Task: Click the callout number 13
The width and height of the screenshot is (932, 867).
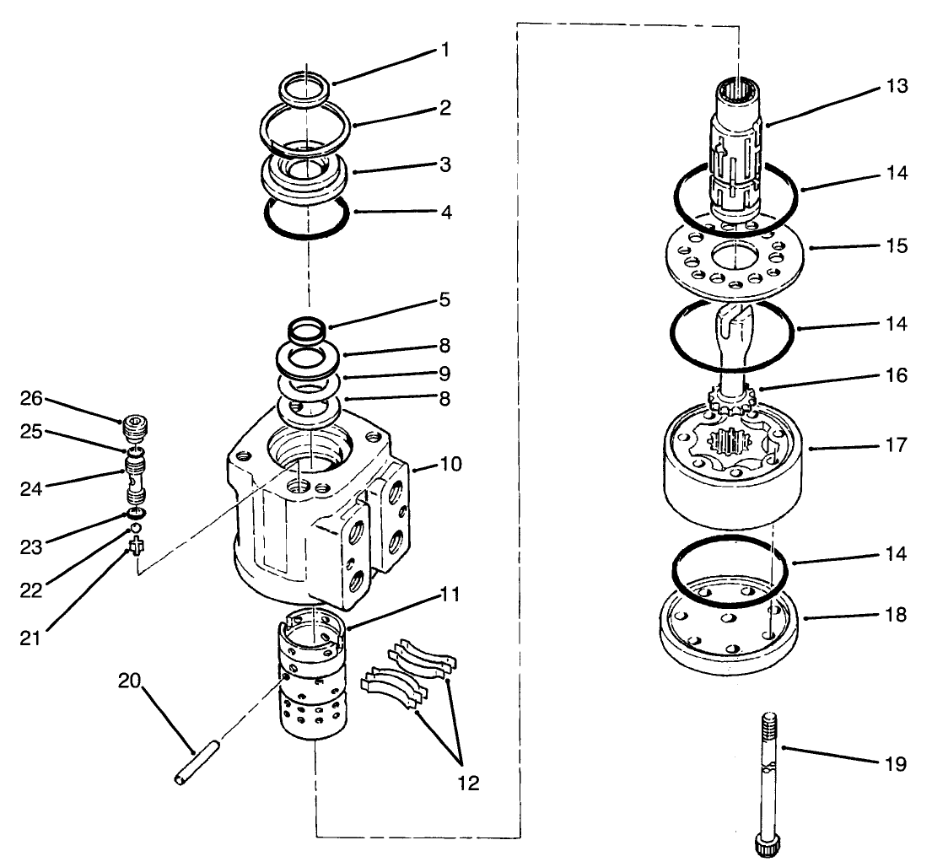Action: point(897,86)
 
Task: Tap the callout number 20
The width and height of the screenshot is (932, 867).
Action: point(131,681)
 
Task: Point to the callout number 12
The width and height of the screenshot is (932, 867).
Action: point(468,783)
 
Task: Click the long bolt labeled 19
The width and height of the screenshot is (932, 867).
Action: point(768,784)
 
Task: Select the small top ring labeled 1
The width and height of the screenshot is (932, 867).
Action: point(304,90)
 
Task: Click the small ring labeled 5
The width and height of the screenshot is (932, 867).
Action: point(307,328)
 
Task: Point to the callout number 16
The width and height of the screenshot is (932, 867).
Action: point(897,374)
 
